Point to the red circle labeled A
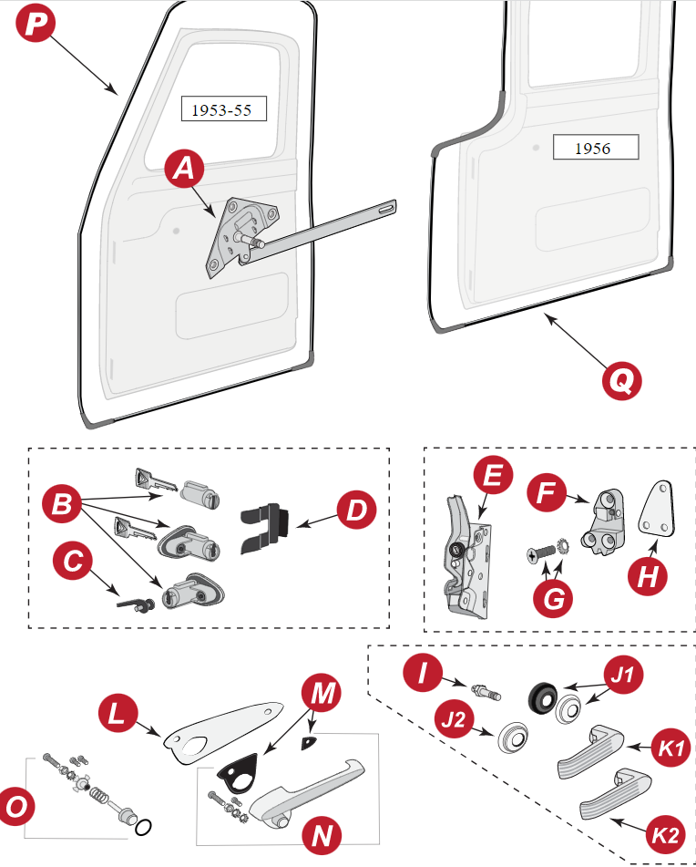coord(185,169)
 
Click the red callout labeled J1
coord(624,677)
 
